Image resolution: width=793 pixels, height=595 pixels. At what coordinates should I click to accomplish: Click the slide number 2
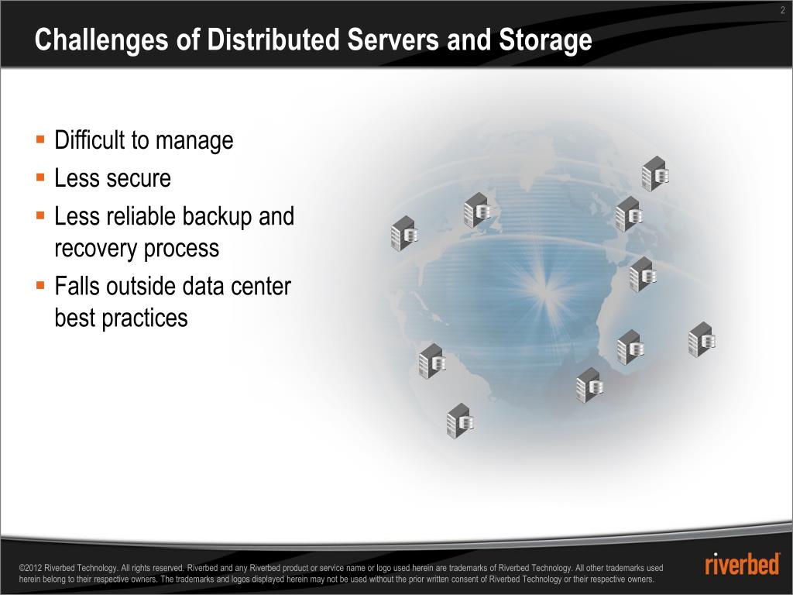pyautogui.click(x=783, y=9)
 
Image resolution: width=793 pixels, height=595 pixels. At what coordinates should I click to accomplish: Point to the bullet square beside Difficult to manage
pyautogui.click(x=40, y=140)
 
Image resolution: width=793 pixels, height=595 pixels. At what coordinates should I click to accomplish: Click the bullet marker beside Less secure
pyautogui.click(x=40, y=178)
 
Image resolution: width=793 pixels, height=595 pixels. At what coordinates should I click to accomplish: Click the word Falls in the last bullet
pyautogui.click(x=77, y=286)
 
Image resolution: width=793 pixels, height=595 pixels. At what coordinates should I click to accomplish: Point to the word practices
pyautogui.click(x=145, y=318)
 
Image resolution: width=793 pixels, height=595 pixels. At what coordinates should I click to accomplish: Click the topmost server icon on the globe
pyautogui.click(x=655, y=174)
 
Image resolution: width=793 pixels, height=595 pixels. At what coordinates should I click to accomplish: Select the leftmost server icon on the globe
pyautogui.click(x=404, y=233)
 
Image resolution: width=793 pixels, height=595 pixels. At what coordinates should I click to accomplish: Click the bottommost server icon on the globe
pyautogui.click(x=460, y=421)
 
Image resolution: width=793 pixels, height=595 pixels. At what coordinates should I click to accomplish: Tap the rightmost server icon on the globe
pyautogui.click(x=701, y=339)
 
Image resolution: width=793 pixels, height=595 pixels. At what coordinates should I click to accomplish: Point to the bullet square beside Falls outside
pyautogui.click(x=40, y=285)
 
